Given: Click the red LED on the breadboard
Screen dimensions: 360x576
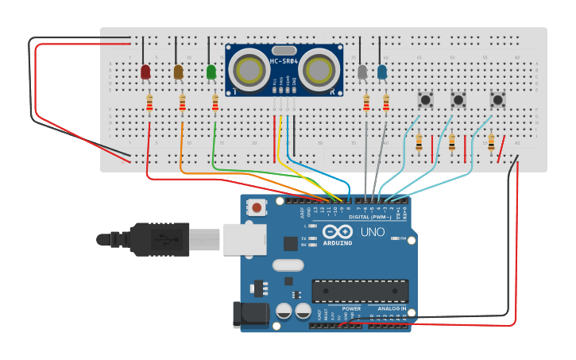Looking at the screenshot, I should [145, 72].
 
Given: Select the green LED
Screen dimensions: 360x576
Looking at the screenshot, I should [211, 72].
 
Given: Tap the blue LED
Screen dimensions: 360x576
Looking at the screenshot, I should [382, 72].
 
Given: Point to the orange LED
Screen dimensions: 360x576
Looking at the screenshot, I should [179, 72].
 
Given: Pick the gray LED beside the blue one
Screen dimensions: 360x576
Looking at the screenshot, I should [363, 72].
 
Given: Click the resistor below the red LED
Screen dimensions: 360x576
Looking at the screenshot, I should [150, 103].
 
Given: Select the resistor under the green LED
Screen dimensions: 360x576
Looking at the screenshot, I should [215, 103].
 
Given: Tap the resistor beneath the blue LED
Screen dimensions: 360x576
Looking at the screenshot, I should [386, 103].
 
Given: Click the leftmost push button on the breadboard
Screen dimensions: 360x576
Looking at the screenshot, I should [426, 99].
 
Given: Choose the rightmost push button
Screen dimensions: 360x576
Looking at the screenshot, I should [497, 99].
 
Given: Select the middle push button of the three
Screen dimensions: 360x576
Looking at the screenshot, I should [458, 99].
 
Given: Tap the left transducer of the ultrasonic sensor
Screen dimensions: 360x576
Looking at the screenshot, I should [250, 68].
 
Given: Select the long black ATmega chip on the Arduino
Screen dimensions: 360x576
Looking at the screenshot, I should [360, 291].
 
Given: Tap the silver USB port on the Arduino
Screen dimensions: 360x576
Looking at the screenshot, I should [244, 238].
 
